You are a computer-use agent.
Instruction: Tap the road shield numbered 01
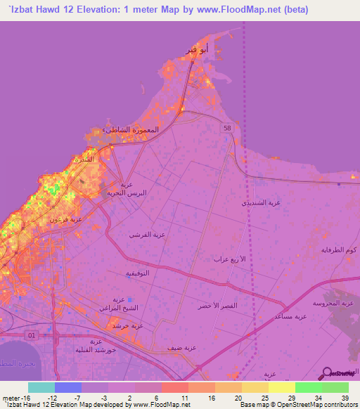coord(30,335)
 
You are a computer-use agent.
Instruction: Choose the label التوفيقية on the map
coord(136,272)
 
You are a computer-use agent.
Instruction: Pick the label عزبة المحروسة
coord(333,303)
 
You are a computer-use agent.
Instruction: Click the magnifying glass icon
coord(328,372)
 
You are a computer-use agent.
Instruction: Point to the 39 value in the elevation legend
coord(345,398)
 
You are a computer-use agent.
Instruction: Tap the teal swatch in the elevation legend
coord(41,387)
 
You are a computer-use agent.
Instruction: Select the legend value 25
coord(264,398)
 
